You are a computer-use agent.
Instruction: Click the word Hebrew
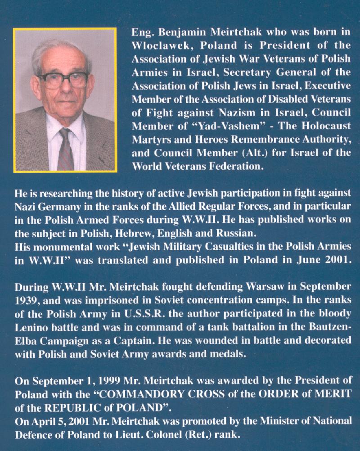pyautogui.click(x=161, y=234)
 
